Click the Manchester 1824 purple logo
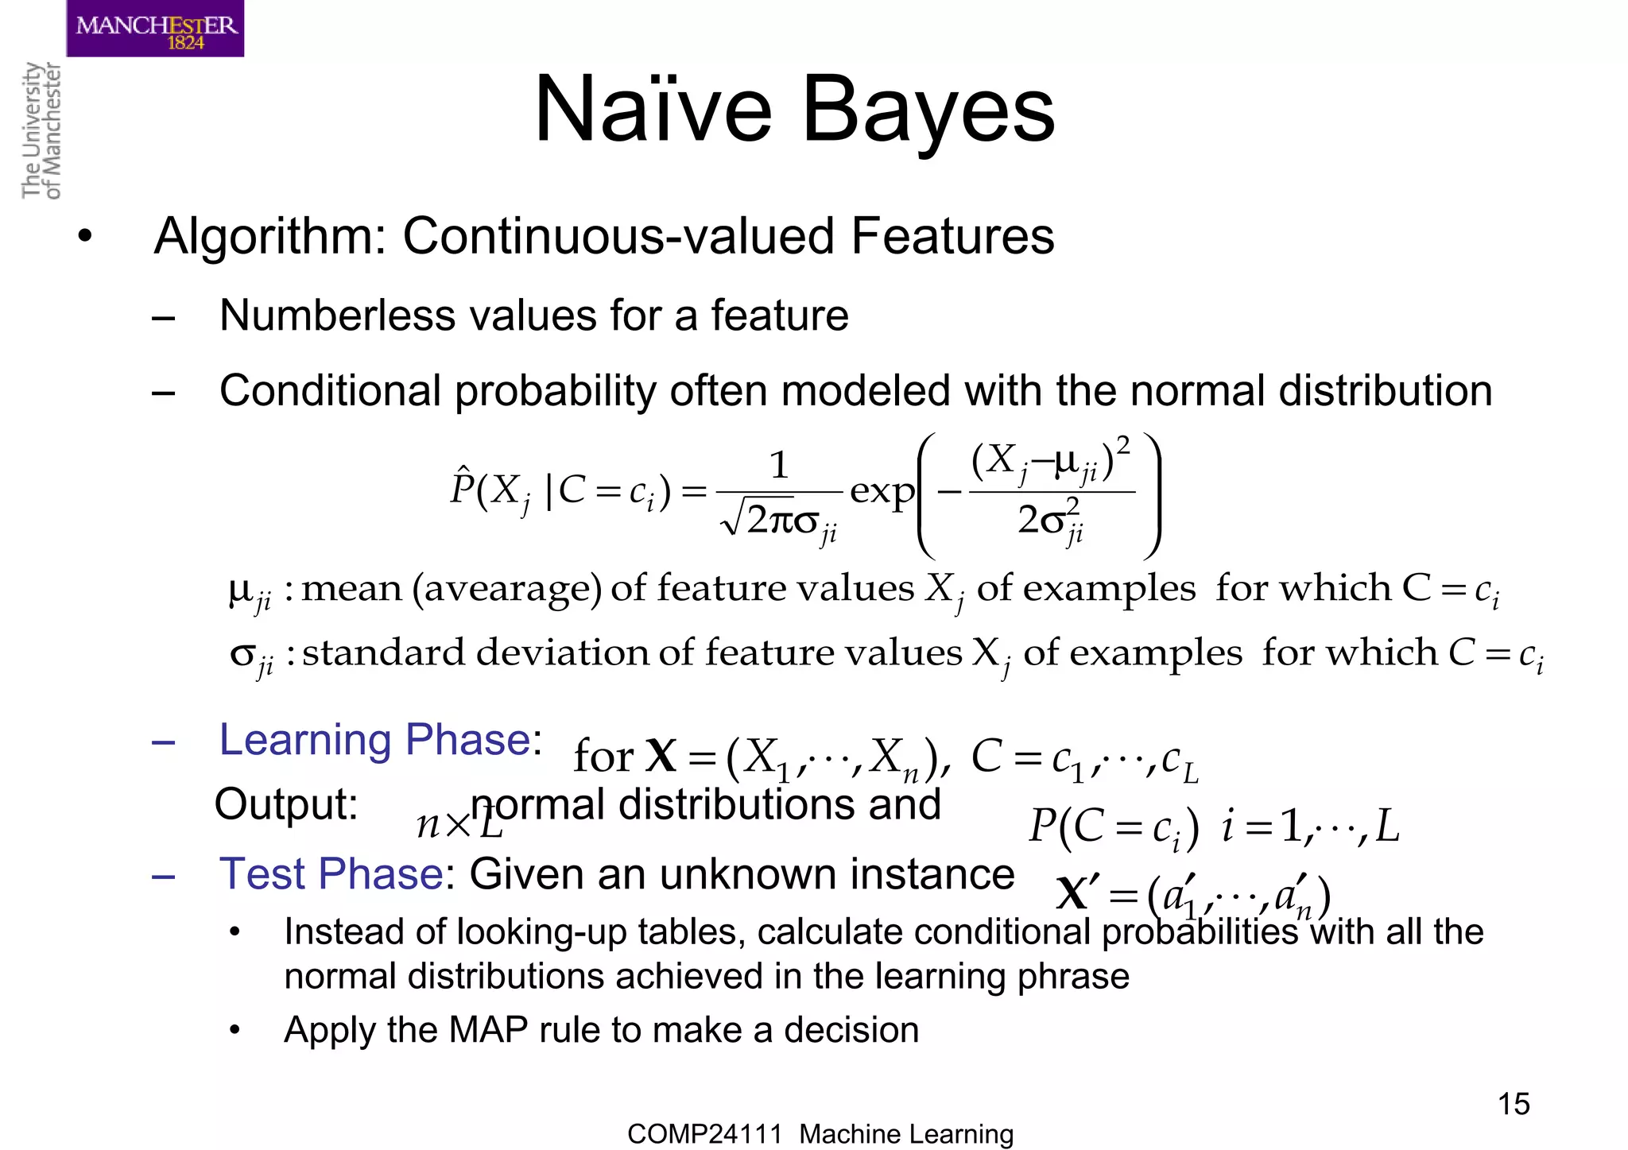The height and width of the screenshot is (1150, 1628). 155,29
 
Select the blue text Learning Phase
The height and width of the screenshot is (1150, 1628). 374,741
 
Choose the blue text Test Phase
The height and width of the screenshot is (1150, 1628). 331,874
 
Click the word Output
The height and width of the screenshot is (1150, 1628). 286,804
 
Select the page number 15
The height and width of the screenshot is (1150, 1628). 1513,1104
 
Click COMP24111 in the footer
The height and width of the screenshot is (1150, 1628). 704,1134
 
